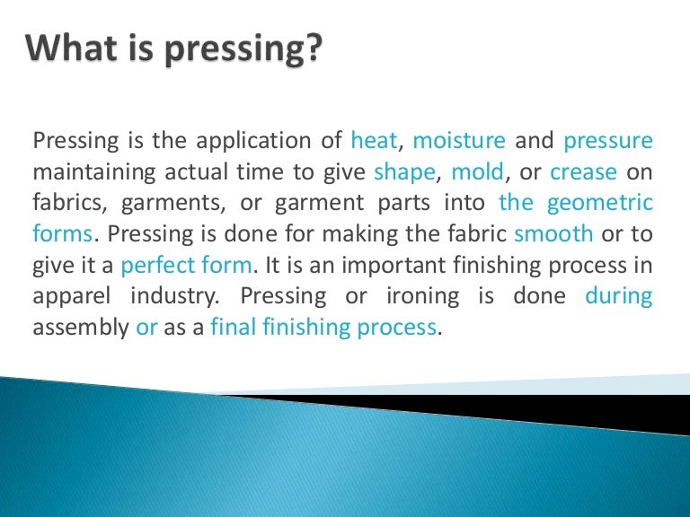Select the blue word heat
coord(376,141)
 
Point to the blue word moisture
coord(459,141)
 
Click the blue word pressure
coord(608,141)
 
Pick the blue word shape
coord(403,172)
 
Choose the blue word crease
coord(583,171)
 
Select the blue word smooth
coord(553,234)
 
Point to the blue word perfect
coord(158,267)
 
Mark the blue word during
coord(619,297)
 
